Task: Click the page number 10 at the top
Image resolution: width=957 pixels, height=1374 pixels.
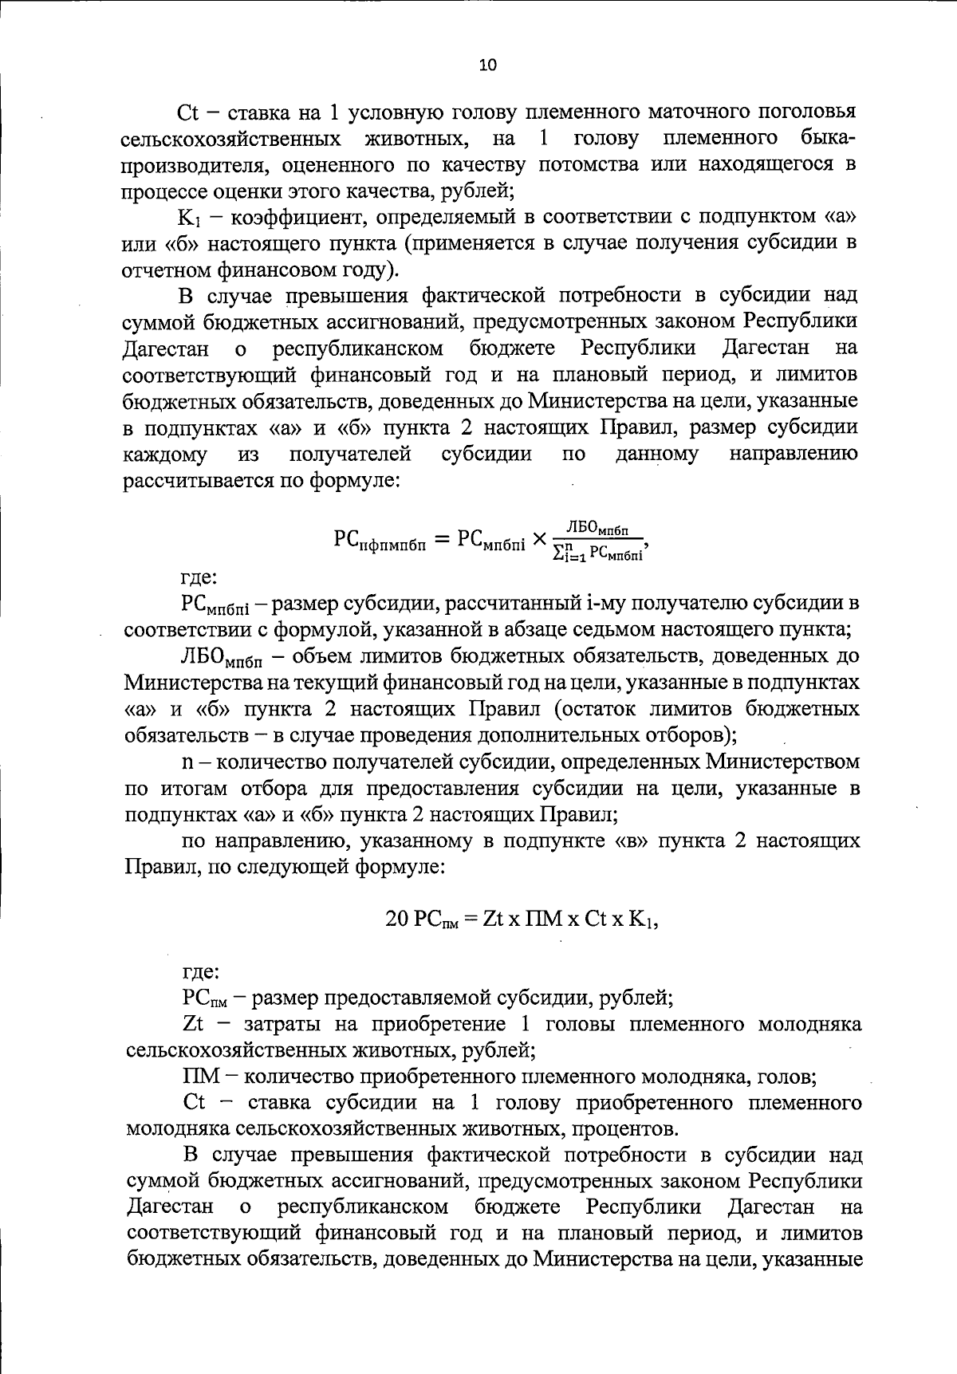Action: (x=487, y=65)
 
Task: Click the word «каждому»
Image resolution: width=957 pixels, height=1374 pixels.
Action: (x=165, y=455)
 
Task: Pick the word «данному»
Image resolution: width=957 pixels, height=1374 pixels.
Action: (x=657, y=455)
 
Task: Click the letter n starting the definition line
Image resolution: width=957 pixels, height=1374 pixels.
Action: (x=187, y=762)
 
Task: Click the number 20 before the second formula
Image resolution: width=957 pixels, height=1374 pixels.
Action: (x=396, y=919)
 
